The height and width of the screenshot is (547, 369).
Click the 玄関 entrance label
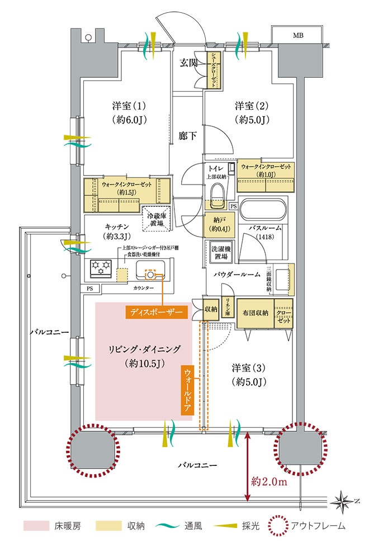coord(189,63)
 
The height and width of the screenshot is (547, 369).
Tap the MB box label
coord(299,35)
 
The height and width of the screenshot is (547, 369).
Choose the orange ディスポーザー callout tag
coord(158,312)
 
